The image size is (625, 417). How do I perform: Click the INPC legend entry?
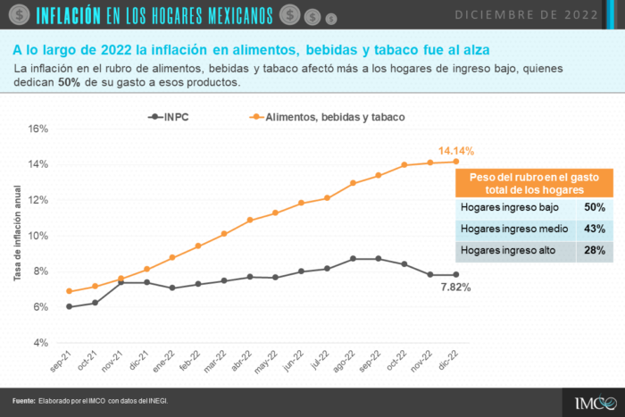168,117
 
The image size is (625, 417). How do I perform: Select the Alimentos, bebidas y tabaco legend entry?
327,117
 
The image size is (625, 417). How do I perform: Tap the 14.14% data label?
456,151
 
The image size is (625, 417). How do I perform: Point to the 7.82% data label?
455,287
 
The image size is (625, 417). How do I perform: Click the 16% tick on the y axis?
37,129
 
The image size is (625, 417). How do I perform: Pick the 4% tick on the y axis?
41,343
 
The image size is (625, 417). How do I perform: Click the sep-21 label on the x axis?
61,361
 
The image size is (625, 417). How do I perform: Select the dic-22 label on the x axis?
448,361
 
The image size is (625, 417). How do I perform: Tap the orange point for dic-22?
456,162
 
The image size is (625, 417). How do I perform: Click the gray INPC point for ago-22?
353,259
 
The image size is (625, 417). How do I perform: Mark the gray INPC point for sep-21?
70,306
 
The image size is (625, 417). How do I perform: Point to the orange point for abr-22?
250,220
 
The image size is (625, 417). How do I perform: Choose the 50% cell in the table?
595,207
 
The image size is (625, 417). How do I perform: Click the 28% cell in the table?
595,250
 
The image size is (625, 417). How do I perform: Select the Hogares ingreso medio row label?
514,229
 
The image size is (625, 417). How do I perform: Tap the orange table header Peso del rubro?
534,183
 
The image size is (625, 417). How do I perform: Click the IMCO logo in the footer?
596,403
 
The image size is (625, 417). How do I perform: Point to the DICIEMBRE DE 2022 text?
526,15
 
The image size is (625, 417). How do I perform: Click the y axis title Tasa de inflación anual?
17,233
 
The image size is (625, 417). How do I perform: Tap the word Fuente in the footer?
24,401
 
